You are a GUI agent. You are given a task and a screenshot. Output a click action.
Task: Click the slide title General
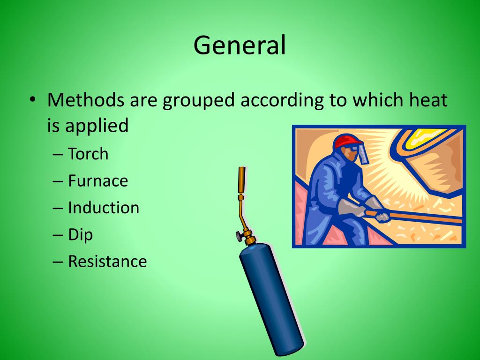240,46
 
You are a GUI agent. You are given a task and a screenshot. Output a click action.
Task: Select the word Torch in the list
88,154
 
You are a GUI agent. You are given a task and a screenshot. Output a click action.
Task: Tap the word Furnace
98,180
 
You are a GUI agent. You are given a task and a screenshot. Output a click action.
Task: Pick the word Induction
104,208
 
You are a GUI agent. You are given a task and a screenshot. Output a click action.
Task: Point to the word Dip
81,234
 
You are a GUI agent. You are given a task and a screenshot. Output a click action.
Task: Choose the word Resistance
107,261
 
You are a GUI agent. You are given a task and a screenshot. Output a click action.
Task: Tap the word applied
97,126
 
